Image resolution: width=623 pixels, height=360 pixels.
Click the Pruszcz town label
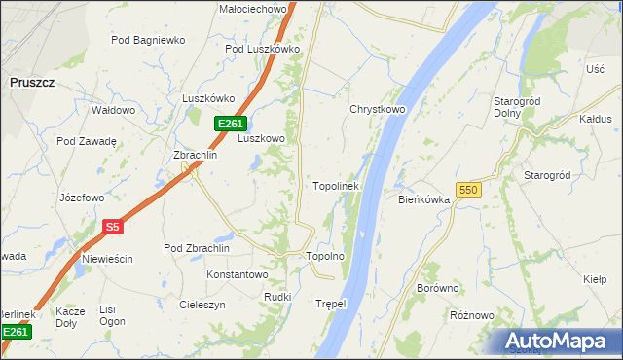coord(32,84)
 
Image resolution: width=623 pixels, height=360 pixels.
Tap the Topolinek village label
coord(336,185)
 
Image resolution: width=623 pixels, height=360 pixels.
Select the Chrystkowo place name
coord(377,110)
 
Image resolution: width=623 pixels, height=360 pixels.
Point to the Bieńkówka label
coord(422,199)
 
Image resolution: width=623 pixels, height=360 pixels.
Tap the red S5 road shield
coord(112,227)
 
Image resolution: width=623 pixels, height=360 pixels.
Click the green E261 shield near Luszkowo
coord(231,124)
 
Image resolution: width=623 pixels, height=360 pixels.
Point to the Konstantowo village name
coord(237,275)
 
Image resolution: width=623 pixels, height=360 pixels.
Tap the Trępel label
coord(331,304)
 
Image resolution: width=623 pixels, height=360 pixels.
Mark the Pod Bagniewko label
coord(148,40)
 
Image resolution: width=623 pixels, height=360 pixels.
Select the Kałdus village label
coord(595,119)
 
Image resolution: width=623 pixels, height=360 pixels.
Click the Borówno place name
coord(437,288)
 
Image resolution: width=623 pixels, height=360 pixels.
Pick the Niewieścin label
coord(107,259)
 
